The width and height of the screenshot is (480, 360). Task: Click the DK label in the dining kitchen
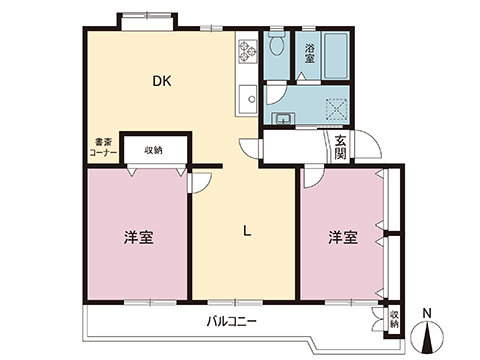(x=159, y=82)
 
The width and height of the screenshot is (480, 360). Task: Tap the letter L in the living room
(x=246, y=232)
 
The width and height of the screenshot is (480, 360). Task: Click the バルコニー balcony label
(x=232, y=322)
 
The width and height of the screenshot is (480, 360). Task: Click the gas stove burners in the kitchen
(x=246, y=50)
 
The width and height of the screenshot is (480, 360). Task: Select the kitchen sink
(x=246, y=98)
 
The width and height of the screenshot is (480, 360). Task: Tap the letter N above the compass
(x=427, y=312)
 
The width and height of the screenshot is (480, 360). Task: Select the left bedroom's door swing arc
(x=199, y=179)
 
